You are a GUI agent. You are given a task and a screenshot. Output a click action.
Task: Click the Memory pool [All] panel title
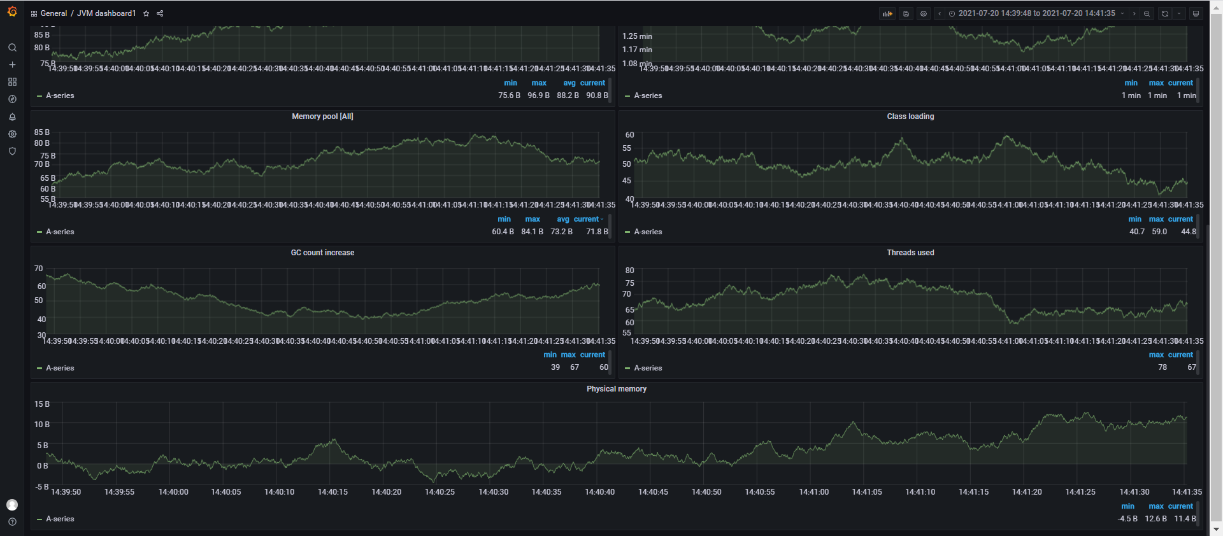click(322, 116)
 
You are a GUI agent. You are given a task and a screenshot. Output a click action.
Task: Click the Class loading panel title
click(910, 116)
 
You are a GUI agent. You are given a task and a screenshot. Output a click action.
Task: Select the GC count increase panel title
click(322, 253)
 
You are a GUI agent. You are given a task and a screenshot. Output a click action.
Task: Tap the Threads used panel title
click(910, 253)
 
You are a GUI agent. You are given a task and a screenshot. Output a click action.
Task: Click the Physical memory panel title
click(616, 389)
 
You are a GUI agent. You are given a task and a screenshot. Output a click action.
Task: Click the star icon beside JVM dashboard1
click(146, 13)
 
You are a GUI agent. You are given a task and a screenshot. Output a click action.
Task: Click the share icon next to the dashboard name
click(160, 13)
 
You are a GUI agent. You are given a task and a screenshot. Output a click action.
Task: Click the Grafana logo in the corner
click(12, 11)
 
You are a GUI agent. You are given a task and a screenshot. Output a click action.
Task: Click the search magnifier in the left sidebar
click(12, 48)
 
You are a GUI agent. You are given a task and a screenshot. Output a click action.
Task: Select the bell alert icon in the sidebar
click(12, 117)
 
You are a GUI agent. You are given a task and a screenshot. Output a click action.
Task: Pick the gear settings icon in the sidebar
click(12, 134)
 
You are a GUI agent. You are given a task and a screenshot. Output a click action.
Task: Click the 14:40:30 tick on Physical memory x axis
click(493, 492)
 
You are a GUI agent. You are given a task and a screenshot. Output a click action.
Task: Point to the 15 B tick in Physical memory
click(42, 404)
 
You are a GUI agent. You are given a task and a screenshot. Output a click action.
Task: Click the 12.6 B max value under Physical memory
click(1155, 519)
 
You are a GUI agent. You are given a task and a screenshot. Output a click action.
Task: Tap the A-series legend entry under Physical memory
click(60, 519)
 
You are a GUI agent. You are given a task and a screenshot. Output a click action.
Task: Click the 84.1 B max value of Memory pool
click(532, 232)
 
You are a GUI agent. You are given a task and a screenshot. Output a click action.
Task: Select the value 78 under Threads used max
click(1162, 367)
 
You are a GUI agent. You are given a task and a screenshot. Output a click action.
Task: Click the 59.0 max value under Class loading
click(1159, 232)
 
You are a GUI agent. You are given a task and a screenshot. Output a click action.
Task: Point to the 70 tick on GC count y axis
click(39, 269)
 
